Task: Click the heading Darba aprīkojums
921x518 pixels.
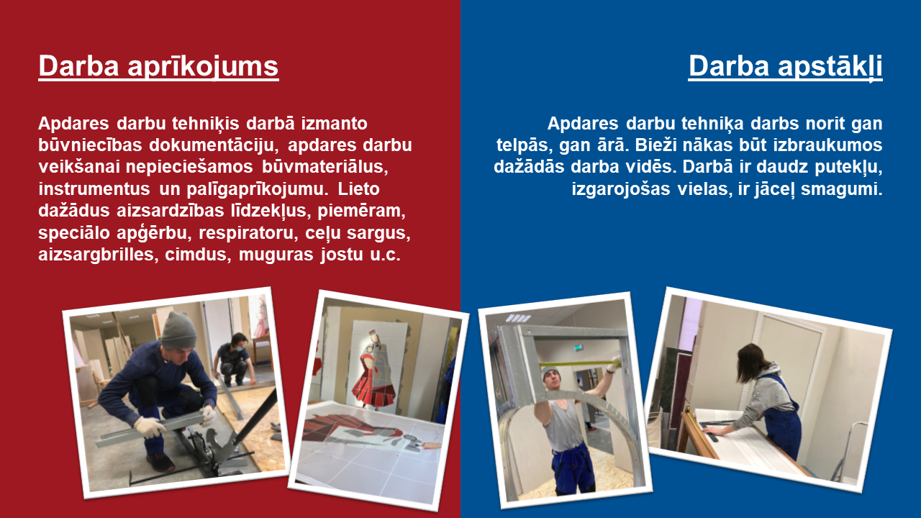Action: tap(159, 66)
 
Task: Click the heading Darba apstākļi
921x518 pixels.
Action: tap(785, 66)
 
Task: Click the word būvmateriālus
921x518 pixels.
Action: tap(325, 167)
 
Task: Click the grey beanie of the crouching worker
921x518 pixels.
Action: tap(178, 330)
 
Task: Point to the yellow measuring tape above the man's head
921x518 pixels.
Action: tap(579, 364)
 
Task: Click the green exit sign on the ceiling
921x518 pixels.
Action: tap(580, 348)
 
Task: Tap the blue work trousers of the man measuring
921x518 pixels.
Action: tap(572, 468)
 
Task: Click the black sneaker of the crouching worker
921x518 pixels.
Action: tap(160, 462)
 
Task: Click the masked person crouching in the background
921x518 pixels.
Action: tap(232, 358)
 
